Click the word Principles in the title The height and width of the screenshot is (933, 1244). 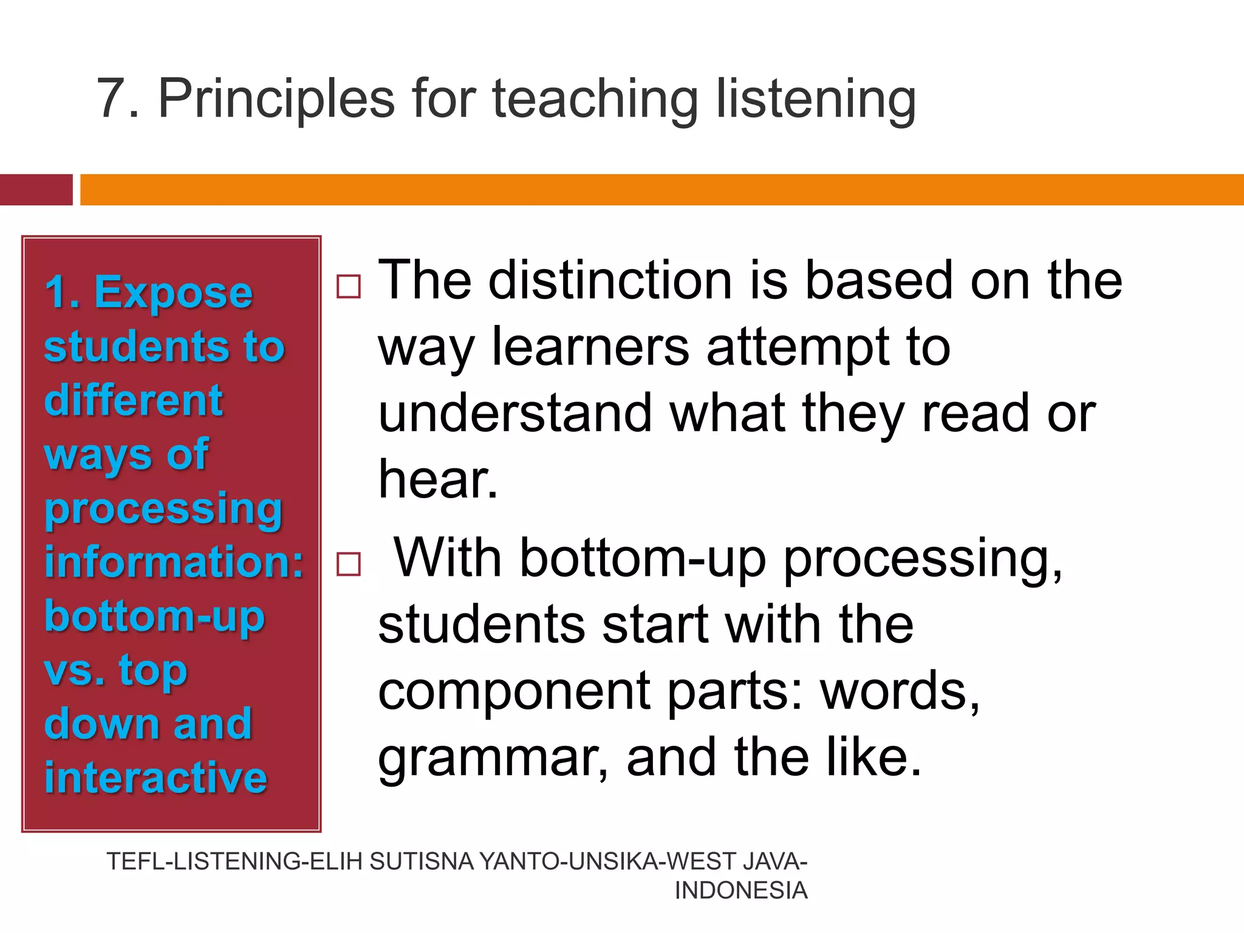point(276,100)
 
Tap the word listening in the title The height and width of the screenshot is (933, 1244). point(816,100)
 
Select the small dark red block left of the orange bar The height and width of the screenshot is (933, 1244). point(36,190)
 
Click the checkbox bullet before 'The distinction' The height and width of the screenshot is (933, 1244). point(349,285)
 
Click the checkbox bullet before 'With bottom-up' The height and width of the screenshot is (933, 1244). point(349,564)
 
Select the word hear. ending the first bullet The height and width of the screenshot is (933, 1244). point(438,479)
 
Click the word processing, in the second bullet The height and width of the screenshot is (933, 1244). point(923,559)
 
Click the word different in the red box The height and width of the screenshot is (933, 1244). point(134,400)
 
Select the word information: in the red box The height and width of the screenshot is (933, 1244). point(174,561)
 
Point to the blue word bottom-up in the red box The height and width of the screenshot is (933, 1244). point(154,616)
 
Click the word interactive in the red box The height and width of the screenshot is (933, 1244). point(155,777)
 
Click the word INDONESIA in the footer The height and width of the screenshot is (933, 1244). point(740,890)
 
